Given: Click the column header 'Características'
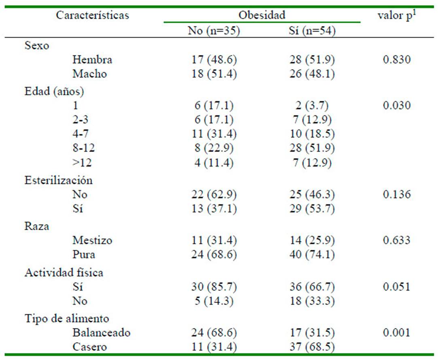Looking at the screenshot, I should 93,16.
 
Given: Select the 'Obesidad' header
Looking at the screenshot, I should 262,15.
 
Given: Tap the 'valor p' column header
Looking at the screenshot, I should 397,16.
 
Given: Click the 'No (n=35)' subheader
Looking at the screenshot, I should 214,32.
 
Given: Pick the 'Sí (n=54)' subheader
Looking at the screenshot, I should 310,32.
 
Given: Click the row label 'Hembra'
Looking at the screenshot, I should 92,60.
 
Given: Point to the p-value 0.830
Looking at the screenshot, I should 397,60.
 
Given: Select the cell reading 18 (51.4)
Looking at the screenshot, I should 214,74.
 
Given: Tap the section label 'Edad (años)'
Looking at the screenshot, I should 54,91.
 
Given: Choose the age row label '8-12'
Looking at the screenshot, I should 84,148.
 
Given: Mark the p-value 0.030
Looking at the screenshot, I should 397,106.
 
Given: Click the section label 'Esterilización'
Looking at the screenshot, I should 59,180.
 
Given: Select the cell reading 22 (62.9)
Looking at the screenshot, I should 214,195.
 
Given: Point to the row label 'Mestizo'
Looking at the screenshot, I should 92,240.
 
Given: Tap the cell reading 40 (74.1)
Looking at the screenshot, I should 310,255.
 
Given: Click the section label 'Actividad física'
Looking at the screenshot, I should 64,273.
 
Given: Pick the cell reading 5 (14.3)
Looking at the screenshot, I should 214,301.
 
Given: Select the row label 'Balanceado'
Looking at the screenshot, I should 101,332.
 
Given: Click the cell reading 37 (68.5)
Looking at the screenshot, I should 310,347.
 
